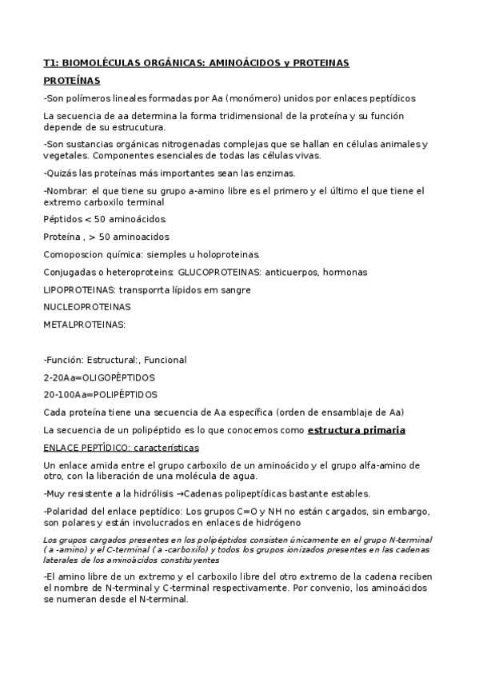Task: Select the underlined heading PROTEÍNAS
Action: coord(71,81)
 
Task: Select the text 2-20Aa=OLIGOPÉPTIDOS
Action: coord(99,377)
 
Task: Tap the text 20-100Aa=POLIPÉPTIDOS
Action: coord(100,394)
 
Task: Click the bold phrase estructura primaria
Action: coord(356,430)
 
